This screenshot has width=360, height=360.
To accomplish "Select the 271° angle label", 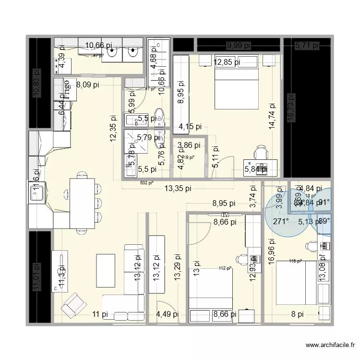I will pyautogui.click(x=281, y=221).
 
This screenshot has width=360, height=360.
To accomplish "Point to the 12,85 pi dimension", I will pyautogui.click(x=227, y=61).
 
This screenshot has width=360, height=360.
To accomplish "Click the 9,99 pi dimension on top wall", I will pyautogui.click(x=239, y=46).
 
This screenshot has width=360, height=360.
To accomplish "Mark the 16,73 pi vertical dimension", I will pyautogui.click(x=289, y=113).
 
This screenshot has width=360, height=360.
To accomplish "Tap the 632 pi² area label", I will pyautogui.click(x=146, y=182).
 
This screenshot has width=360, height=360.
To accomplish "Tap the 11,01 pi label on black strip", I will pyautogui.click(x=35, y=278).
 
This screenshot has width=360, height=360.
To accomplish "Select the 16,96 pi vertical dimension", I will pyautogui.click(x=271, y=251).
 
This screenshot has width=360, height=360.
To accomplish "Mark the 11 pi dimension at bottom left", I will pyautogui.click(x=101, y=314).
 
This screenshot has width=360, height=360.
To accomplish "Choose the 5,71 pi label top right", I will pyautogui.click(x=307, y=46).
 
